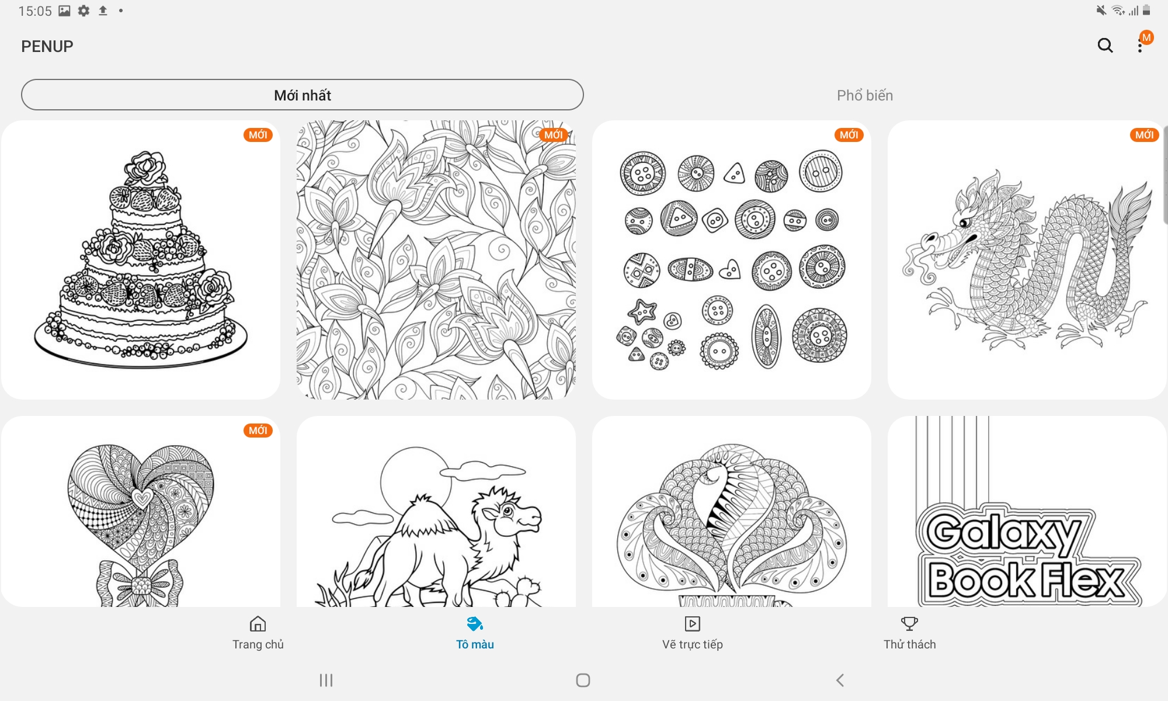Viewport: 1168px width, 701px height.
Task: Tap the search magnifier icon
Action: pos(1105,46)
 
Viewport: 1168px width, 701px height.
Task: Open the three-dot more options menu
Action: pos(1140,46)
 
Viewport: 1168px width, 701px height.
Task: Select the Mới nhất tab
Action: pos(303,95)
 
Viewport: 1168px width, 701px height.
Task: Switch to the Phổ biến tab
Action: pos(865,95)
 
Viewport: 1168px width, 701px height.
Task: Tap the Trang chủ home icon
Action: pos(258,624)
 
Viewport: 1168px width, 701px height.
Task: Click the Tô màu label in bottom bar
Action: pos(475,644)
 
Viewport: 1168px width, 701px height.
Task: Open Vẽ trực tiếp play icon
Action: pos(693,624)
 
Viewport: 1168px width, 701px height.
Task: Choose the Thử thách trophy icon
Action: pos(909,624)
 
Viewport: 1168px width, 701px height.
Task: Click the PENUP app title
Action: pos(47,46)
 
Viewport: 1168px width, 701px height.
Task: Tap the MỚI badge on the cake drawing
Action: pos(258,135)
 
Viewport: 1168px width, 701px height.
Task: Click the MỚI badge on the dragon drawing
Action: pos(1145,135)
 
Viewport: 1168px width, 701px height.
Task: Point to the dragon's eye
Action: pos(964,223)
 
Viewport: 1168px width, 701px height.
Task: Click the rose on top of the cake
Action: pos(146,168)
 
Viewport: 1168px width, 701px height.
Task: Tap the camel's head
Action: pos(509,514)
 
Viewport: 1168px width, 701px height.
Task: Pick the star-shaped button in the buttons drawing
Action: pos(642,311)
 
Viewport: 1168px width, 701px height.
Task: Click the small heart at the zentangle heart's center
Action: pos(141,498)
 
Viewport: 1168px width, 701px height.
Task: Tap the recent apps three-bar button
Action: pos(326,680)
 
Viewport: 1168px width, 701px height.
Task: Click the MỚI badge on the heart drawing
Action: pos(258,431)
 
